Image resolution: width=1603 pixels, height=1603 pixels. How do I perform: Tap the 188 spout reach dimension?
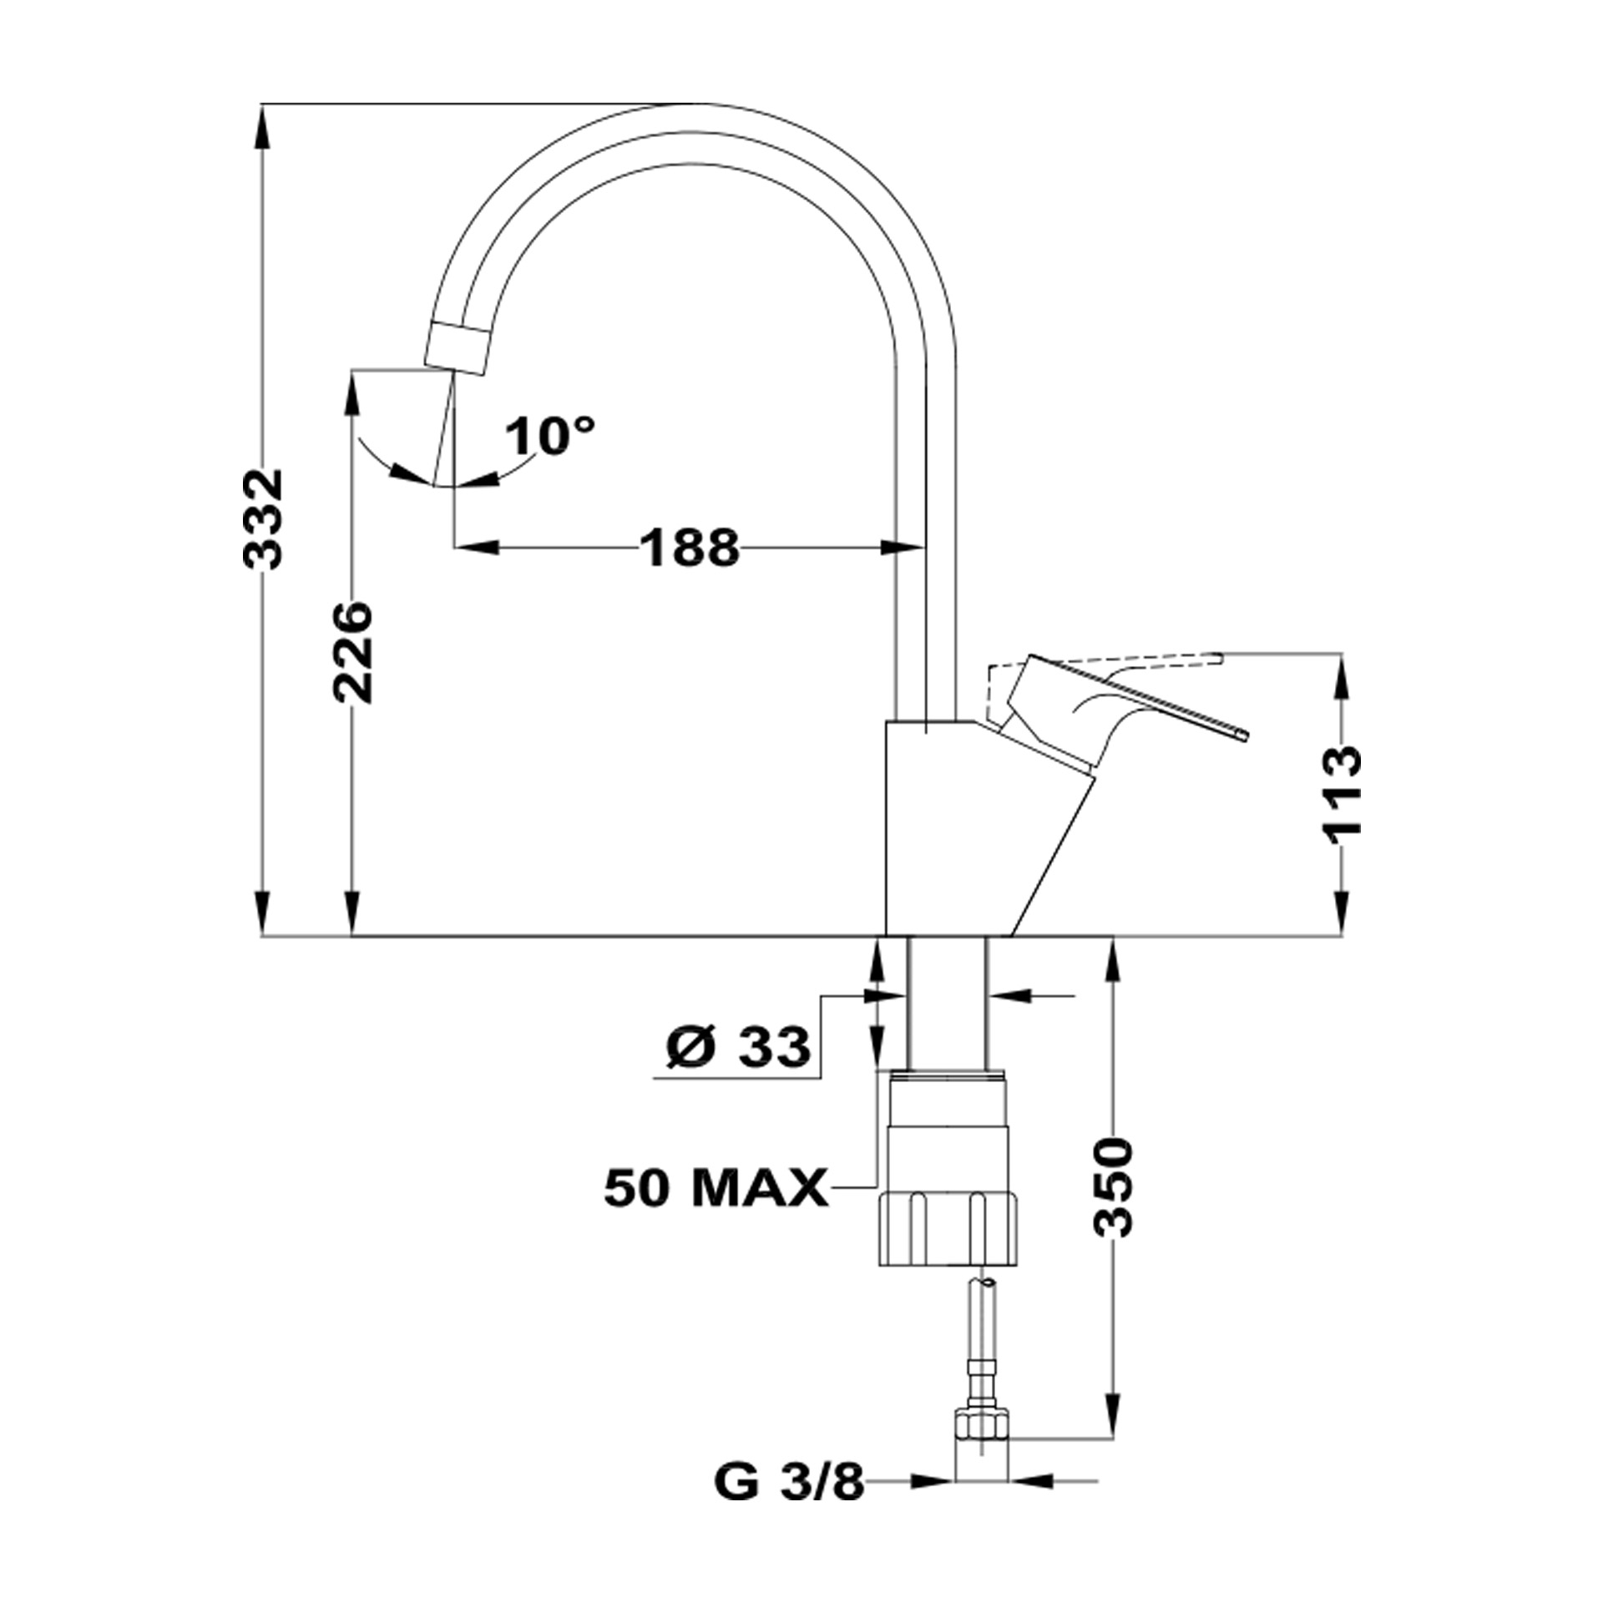click(x=690, y=548)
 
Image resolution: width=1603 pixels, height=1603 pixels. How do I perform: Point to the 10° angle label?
click(x=550, y=435)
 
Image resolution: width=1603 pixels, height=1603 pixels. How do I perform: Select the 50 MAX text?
click(x=716, y=1187)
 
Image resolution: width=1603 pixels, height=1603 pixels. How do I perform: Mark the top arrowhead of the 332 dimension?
click(x=263, y=125)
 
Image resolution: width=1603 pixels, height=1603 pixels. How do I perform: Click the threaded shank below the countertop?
click(x=947, y=1002)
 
